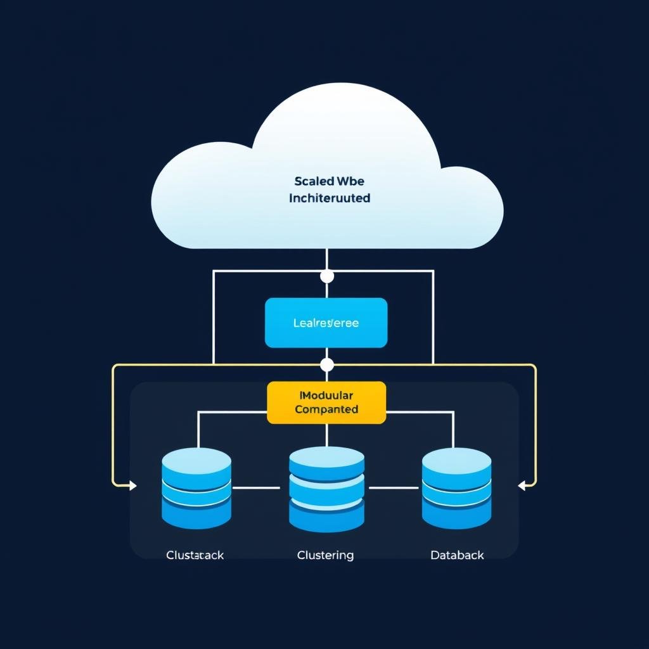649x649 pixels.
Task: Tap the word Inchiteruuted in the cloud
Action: pos(329,198)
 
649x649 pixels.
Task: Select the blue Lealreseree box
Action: pos(326,323)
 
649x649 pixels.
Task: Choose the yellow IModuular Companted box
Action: pos(326,402)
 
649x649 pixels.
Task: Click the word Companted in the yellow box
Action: pos(326,409)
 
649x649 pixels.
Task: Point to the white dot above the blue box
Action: pos(327,276)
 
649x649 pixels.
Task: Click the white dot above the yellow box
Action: pos(327,365)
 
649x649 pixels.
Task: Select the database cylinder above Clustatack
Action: pos(196,488)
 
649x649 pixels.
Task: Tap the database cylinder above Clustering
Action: pos(326,488)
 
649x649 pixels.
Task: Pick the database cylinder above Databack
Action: pos(456,488)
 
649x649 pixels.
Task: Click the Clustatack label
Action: pos(195,555)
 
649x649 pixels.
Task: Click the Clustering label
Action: pos(325,555)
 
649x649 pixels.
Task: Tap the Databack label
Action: pos(457,555)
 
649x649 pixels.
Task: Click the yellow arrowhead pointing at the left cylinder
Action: pos(132,486)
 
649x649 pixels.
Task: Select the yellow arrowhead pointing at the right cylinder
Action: pos(522,486)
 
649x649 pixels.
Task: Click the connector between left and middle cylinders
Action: pos(256,488)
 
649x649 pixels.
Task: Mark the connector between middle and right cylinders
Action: pos(394,488)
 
